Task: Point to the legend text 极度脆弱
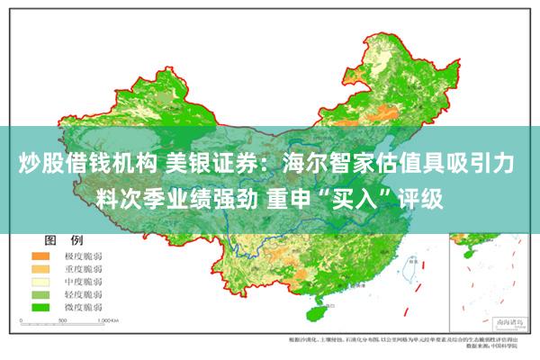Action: coord(83,256)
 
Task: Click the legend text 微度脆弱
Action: coord(83,307)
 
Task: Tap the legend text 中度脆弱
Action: coord(83,282)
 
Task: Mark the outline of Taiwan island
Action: coord(413,269)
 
